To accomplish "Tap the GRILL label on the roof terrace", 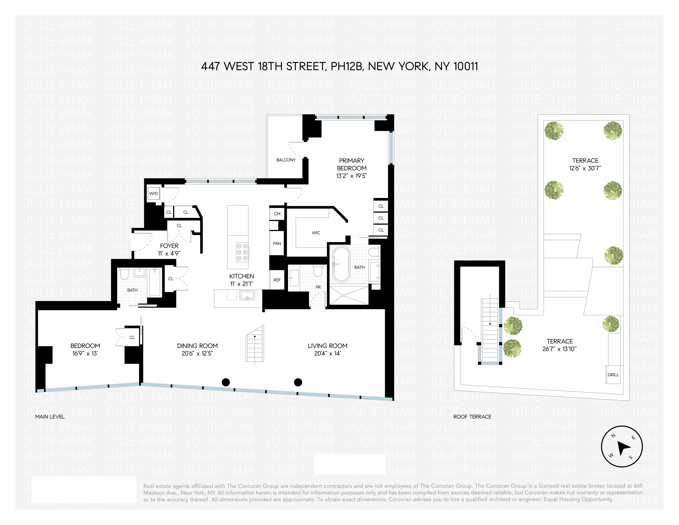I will (x=613, y=375).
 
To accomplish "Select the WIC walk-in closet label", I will (x=316, y=233).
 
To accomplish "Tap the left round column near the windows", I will (x=226, y=382).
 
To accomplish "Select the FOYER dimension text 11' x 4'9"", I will (x=169, y=254).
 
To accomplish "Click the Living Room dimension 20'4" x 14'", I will (x=327, y=354).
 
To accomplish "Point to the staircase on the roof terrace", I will (x=490, y=331).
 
